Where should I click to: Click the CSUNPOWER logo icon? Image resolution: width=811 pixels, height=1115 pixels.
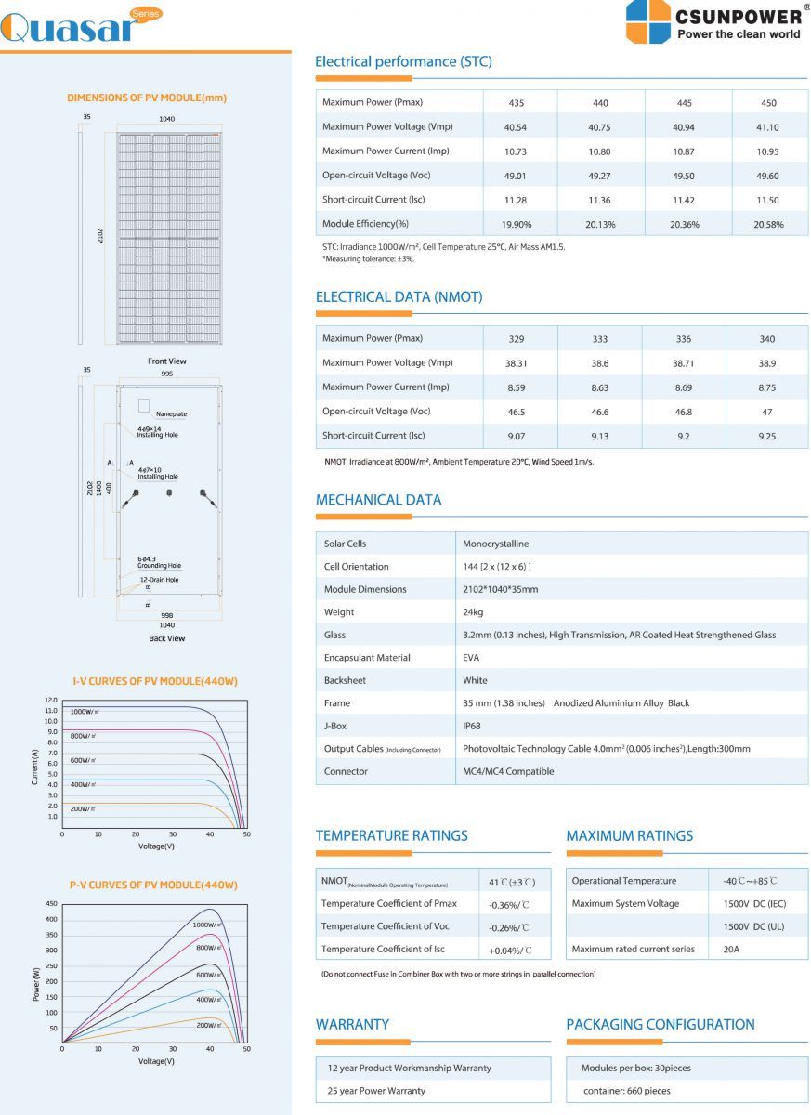coord(648,21)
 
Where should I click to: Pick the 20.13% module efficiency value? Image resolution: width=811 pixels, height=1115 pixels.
coord(600,224)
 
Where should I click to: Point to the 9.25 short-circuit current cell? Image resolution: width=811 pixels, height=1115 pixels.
coord(766,436)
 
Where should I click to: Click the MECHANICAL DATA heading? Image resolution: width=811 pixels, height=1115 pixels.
coord(378,500)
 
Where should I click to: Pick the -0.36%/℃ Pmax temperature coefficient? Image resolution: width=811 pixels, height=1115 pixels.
coord(509,904)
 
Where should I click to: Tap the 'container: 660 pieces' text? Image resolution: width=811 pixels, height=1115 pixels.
coord(626,1091)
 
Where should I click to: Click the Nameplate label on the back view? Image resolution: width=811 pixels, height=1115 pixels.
coord(171,413)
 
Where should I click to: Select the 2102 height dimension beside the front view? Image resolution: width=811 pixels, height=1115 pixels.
coord(99,237)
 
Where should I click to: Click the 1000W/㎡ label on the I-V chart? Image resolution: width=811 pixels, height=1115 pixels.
coord(85,712)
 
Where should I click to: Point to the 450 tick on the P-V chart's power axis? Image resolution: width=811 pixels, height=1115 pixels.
coord(52,903)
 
